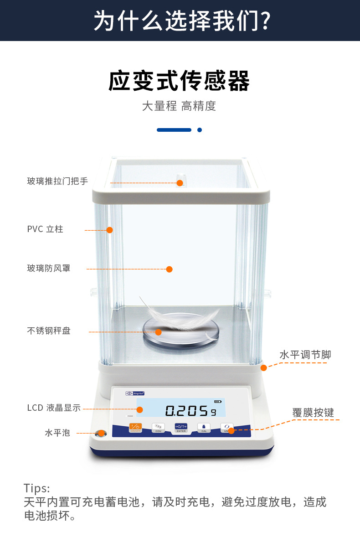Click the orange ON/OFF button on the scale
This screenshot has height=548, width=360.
coord(136,428)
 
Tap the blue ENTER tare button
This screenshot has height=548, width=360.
coord(181,428)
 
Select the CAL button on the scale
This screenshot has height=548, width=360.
coord(204,428)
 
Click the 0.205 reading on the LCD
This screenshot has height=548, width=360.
coord(187,411)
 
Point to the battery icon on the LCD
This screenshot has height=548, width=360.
coord(217,402)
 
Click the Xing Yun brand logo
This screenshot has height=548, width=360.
coord(135,393)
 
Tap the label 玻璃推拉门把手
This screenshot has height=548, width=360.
coord(57,181)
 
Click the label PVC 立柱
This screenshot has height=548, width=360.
coord(45,229)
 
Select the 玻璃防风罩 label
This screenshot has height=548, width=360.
coord(49,268)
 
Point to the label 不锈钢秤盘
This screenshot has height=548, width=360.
coord(49,331)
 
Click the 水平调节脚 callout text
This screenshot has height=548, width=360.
coord(305,355)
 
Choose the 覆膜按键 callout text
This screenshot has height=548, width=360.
coord(313,413)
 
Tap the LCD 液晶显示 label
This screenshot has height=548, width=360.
coord(54,408)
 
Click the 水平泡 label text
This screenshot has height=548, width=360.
coord(57,433)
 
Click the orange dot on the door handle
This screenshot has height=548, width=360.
coord(180,183)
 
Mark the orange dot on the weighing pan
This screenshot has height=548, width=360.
coord(158,332)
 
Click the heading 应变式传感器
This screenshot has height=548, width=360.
coord(179,81)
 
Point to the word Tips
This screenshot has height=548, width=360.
coord(37,488)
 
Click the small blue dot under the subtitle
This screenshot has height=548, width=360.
coord(200,130)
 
